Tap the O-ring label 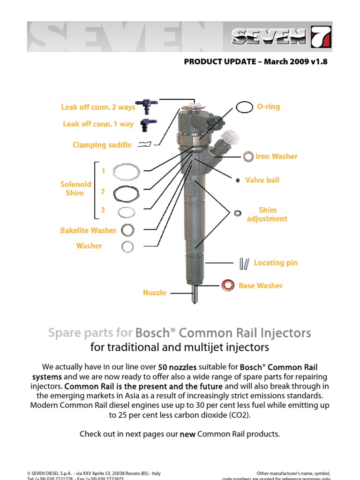pos(268,107)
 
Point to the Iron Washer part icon pos(248,157)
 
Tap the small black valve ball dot pos(238,180)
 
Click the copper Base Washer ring pos(228,285)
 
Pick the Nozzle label pos(154,293)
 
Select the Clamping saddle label pos(102,145)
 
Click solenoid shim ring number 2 pos(127,193)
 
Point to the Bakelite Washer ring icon pos(127,230)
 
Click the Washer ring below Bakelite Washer pos(127,246)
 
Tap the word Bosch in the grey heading pos(152,333)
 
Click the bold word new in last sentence pos(187,435)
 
